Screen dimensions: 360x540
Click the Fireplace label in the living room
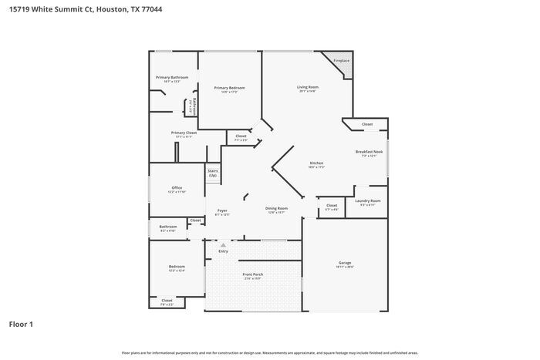point(341,60)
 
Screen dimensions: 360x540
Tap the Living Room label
point(308,87)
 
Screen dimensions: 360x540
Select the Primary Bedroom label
point(229,88)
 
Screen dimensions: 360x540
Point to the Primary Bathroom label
point(171,77)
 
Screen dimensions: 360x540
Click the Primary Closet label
point(184,133)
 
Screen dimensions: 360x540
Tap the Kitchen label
point(316,163)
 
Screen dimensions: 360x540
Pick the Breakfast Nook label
point(366,152)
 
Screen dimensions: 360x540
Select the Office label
point(177,188)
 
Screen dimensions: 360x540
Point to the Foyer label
point(222,210)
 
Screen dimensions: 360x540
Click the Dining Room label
point(277,208)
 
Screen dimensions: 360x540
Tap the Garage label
point(344,263)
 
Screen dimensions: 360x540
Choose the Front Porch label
point(253,274)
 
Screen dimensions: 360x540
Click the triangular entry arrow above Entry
point(224,245)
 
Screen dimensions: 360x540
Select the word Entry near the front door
point(224,251)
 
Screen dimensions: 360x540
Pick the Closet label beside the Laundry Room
point(331,205)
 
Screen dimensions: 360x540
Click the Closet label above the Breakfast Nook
point(367,124)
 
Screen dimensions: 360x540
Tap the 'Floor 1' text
point(21,325)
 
